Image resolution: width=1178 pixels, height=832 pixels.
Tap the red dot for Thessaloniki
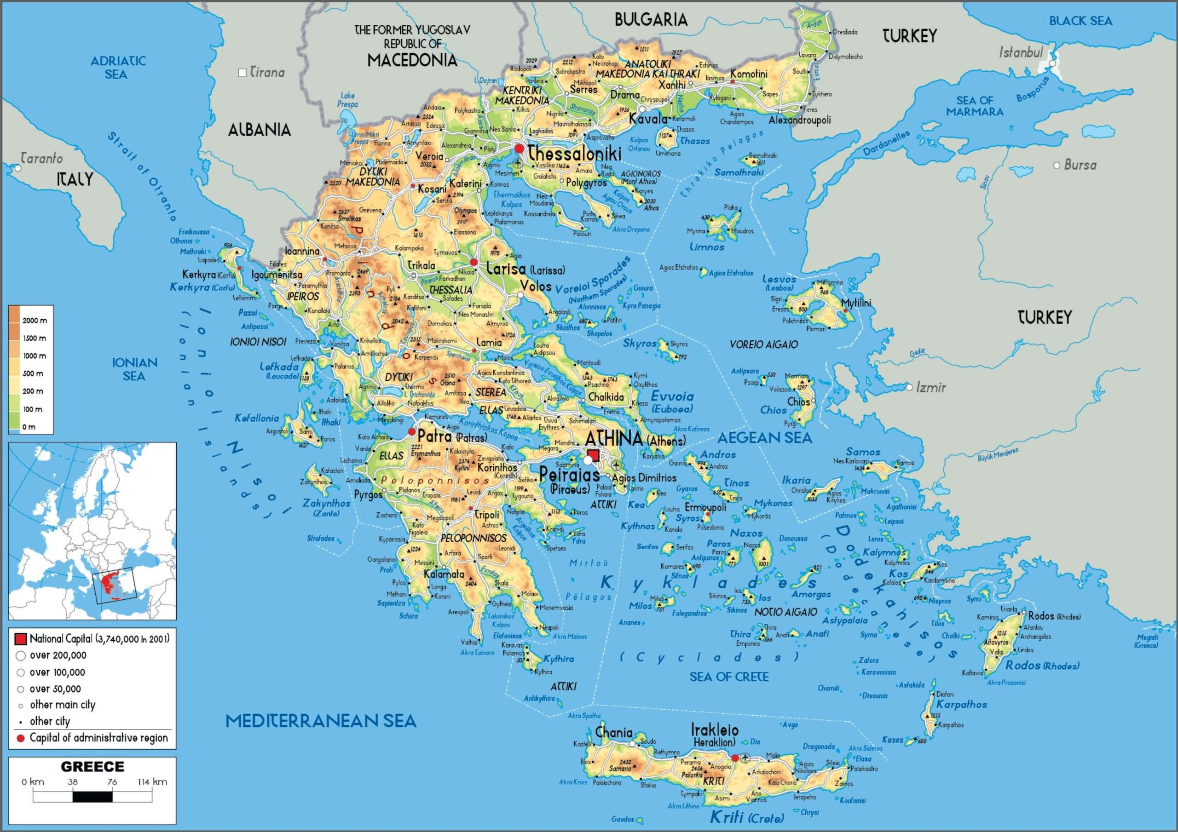(x=519, y=149)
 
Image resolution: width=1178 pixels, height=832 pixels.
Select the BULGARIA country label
(x=651, y=20)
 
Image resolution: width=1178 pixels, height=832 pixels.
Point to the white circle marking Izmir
(x=909, y=387)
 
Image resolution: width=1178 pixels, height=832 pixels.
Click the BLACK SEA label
(x=1080, y=21)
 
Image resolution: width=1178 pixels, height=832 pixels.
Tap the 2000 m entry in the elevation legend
(x=35, y=321)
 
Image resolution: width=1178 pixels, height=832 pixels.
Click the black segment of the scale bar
(x=92, y=797)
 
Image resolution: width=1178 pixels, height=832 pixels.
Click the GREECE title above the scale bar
(x=92, y=767)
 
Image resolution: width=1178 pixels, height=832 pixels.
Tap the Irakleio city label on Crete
(x=715, y=730)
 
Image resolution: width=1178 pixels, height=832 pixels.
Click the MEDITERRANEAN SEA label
(x=321, y=721)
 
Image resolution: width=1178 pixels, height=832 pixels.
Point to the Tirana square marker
(x=242, y=73)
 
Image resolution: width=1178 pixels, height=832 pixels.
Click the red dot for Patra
(x=411, y=432)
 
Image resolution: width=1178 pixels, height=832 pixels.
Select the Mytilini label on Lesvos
(x=856, y=303)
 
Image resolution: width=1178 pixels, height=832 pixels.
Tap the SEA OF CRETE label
(x=728, y=677)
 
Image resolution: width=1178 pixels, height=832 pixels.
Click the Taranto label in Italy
(x=42, y=159)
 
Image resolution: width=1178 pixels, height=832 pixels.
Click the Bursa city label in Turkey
(x=1080, y=165)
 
